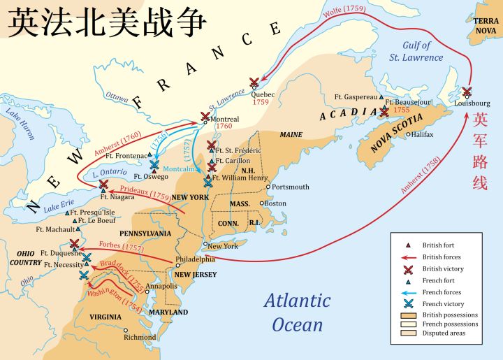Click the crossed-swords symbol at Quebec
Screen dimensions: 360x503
pos(254,82)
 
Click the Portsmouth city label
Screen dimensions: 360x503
pos(291,187)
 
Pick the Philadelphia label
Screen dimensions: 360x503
pos(196,259)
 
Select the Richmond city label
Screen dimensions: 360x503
pos(140,337)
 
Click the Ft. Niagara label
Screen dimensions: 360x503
pos(117,197)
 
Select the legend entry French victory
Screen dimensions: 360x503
pos(442,303)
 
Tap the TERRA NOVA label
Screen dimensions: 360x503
pos(486,26)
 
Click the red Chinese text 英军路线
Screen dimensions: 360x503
pos(480,152)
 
